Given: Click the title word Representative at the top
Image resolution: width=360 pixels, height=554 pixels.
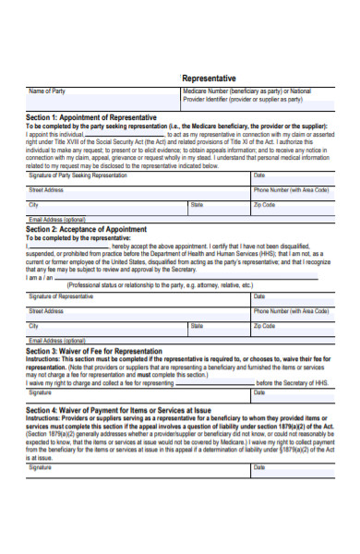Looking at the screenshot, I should pos(210,78).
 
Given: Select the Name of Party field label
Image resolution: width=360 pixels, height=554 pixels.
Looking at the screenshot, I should pos(48,91).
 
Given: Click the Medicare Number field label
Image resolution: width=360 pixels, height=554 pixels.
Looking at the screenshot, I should pos(247,91).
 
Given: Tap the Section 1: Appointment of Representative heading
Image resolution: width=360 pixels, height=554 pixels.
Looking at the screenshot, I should pos(91,117).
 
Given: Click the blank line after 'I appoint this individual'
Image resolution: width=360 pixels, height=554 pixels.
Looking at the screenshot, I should pos(124,136).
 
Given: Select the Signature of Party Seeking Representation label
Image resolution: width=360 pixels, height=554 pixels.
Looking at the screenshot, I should pos(78,175).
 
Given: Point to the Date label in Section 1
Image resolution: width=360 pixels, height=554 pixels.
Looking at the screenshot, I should pos(259,175).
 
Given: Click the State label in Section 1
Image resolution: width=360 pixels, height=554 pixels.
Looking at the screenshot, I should pos(197,204).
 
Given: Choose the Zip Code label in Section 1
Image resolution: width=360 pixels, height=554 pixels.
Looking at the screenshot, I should pos(264,204).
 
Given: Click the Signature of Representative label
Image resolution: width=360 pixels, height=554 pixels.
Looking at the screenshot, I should pos(61,296).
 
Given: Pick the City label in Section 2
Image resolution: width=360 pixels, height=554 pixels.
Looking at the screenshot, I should pos(33,326).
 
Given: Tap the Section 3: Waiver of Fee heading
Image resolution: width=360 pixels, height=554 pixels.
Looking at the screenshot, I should pos(93,351).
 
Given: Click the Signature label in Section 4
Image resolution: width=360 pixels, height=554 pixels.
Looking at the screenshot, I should pos(41,468).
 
